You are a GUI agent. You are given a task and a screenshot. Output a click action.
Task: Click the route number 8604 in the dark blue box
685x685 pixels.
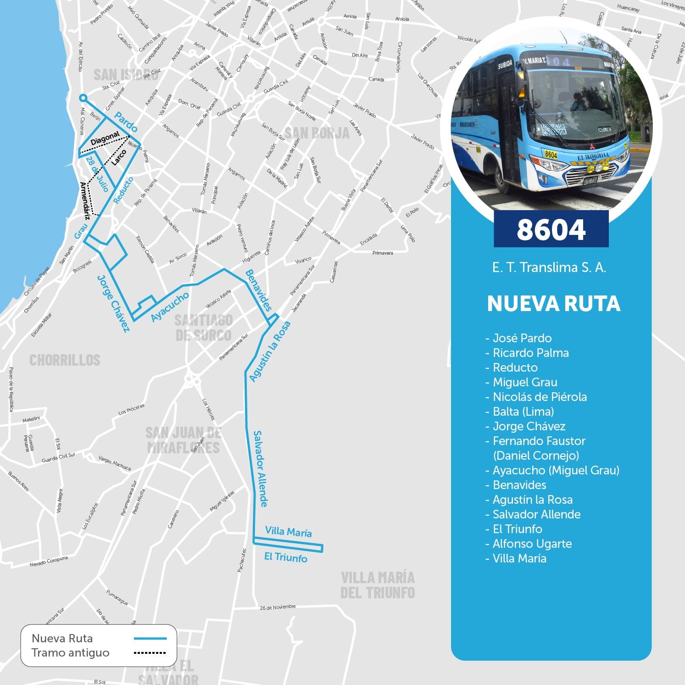tap(551, 229)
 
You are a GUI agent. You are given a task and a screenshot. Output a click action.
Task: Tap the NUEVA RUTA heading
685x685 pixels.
tap(553, 304)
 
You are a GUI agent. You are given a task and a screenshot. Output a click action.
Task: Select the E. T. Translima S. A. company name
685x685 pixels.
tap(549, 267)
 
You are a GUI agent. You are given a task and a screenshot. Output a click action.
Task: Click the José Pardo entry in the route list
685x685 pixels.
tap(522, 338)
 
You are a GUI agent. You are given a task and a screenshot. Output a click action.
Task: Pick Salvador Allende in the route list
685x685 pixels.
tap(536, 514)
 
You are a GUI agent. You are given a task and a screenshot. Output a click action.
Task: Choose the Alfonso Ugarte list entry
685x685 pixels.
tap(532, 544)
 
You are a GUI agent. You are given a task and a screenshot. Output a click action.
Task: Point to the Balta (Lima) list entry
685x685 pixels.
tap(523, 412)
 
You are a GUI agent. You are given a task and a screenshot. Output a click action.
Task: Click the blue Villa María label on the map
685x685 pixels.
tap(288, 532)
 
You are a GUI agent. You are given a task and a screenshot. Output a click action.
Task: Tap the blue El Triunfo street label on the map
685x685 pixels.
tap(285, 557)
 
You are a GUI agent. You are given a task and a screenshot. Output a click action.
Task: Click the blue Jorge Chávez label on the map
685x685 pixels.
tap(113, 303)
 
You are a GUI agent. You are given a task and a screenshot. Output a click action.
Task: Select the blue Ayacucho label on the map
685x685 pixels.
tap(170, 307)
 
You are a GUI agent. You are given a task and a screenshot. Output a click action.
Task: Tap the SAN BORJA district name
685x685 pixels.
tap(317, 133)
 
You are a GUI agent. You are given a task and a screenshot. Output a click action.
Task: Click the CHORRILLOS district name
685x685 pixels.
tap(65, 360)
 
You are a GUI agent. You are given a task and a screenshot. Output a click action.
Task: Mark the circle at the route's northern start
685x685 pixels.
tap(83, 98)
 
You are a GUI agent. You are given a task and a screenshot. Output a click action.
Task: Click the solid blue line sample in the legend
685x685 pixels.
tap(150, 638)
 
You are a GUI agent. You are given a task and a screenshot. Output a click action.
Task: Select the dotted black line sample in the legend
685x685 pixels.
tap(150, 653)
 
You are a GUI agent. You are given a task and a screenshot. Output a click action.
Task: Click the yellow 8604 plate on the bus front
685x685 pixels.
tap(551, 155)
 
